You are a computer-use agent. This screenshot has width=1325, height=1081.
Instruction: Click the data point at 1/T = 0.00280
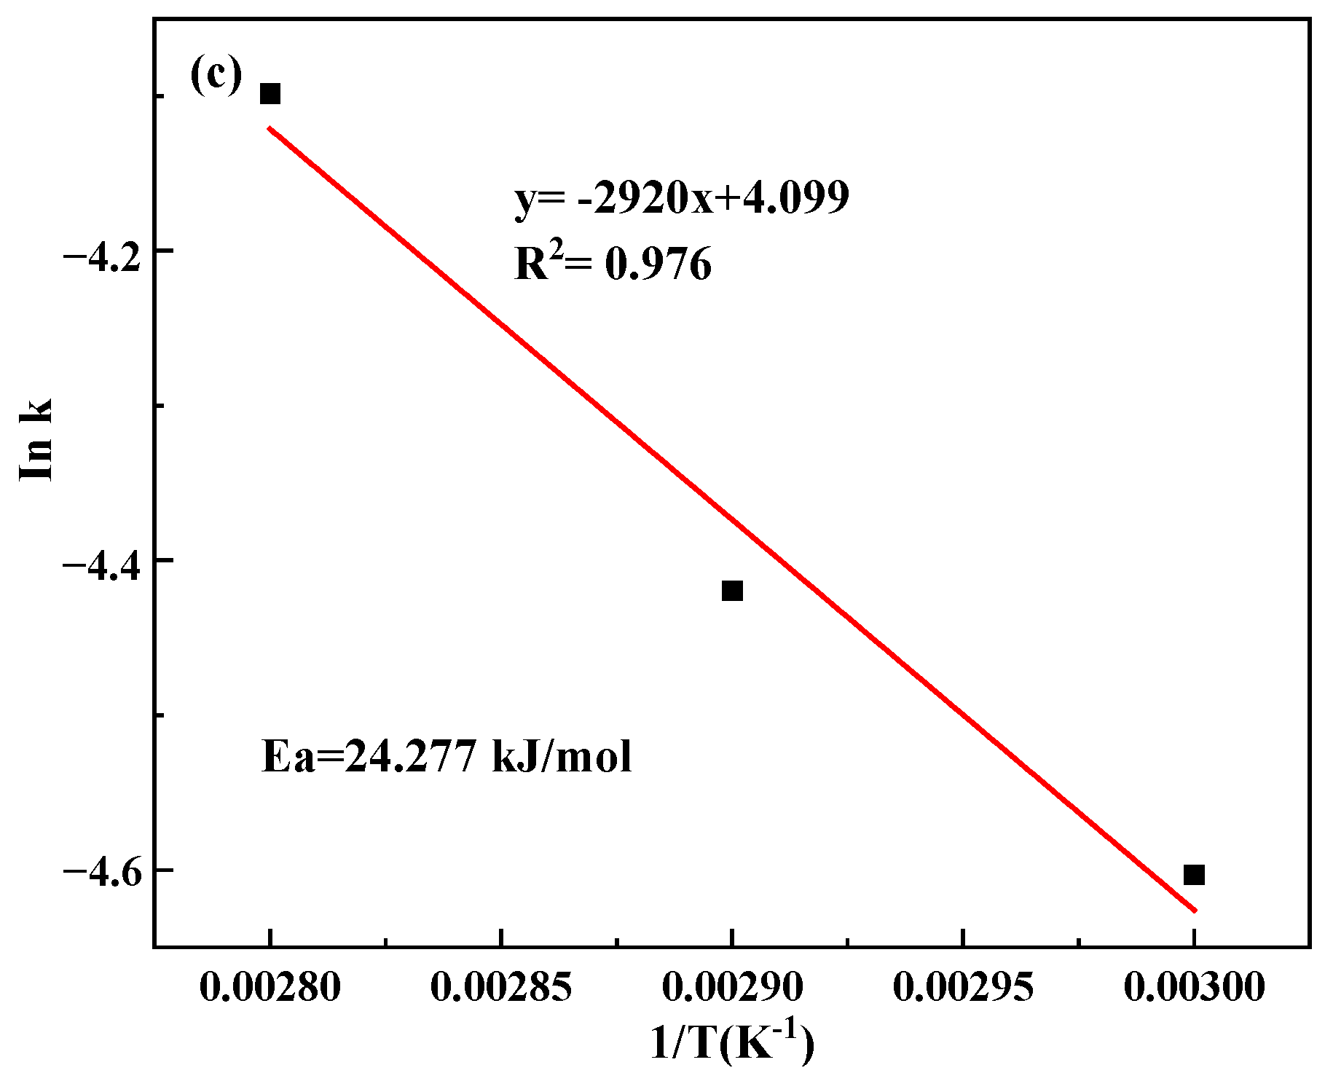pyautogui.click(x=270, y=94)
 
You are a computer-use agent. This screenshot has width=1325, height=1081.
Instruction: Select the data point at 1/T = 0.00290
pyautogui.click(x=732, y=591)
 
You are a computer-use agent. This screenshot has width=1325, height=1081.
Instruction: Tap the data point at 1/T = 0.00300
pyautogui.click(x=1194, y=874)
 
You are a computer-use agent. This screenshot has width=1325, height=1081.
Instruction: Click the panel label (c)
pyautogui.click(x=216, y=76)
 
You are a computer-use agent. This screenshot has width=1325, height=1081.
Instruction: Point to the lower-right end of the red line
pyautogui.click(x=1194, y=909)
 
